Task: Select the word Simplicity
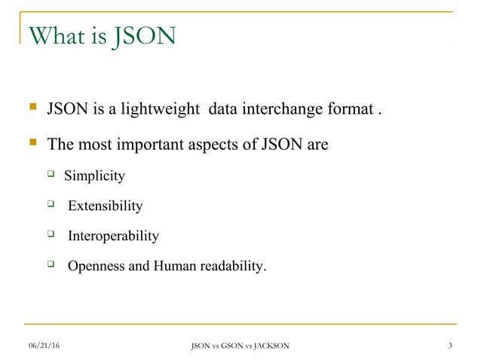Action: point(94,176)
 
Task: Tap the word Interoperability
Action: point(113,236)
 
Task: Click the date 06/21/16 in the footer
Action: point(44,346)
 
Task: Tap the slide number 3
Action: point(449,346)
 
